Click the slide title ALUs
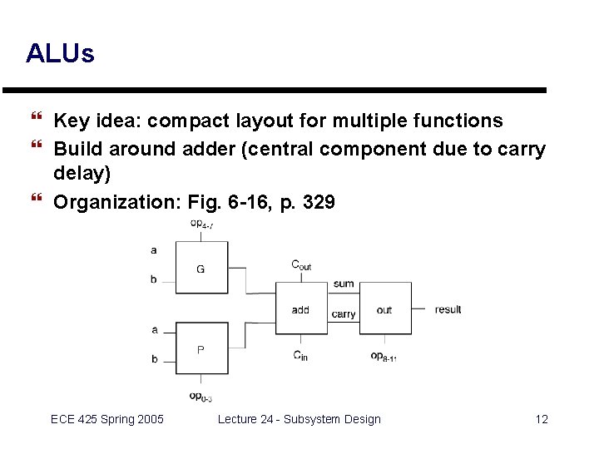pyautogui.click(x=60, y=55)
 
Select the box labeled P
pyautogui.click(x=201, y=349)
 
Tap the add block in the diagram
pyautogui.click(x=300, y=308)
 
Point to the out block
pyautogui.click(x=384, y=308)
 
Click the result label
pyautogui.click(x=448, y=309)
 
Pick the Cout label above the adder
pyautogui.click(x=301, y=265)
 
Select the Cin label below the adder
pyautogui.click(x=300, y=356)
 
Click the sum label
pyautogui.click(x=344, y=284)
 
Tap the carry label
pyautogui.click(x=344, y=314)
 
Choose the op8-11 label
pyautogui.click(x=384, y=356)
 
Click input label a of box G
pyautogui.click(x=153, y=249)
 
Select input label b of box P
pyautogui.click(x=155, y=359)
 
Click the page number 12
pyautogui.click(x=542, y=419)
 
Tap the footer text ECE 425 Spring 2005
pyautogui.click(x=107, y=419)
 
